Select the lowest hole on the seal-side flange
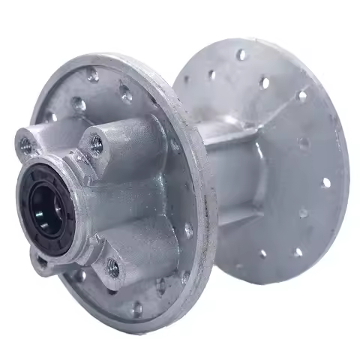(137, 308)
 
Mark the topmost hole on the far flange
(241, 54)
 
